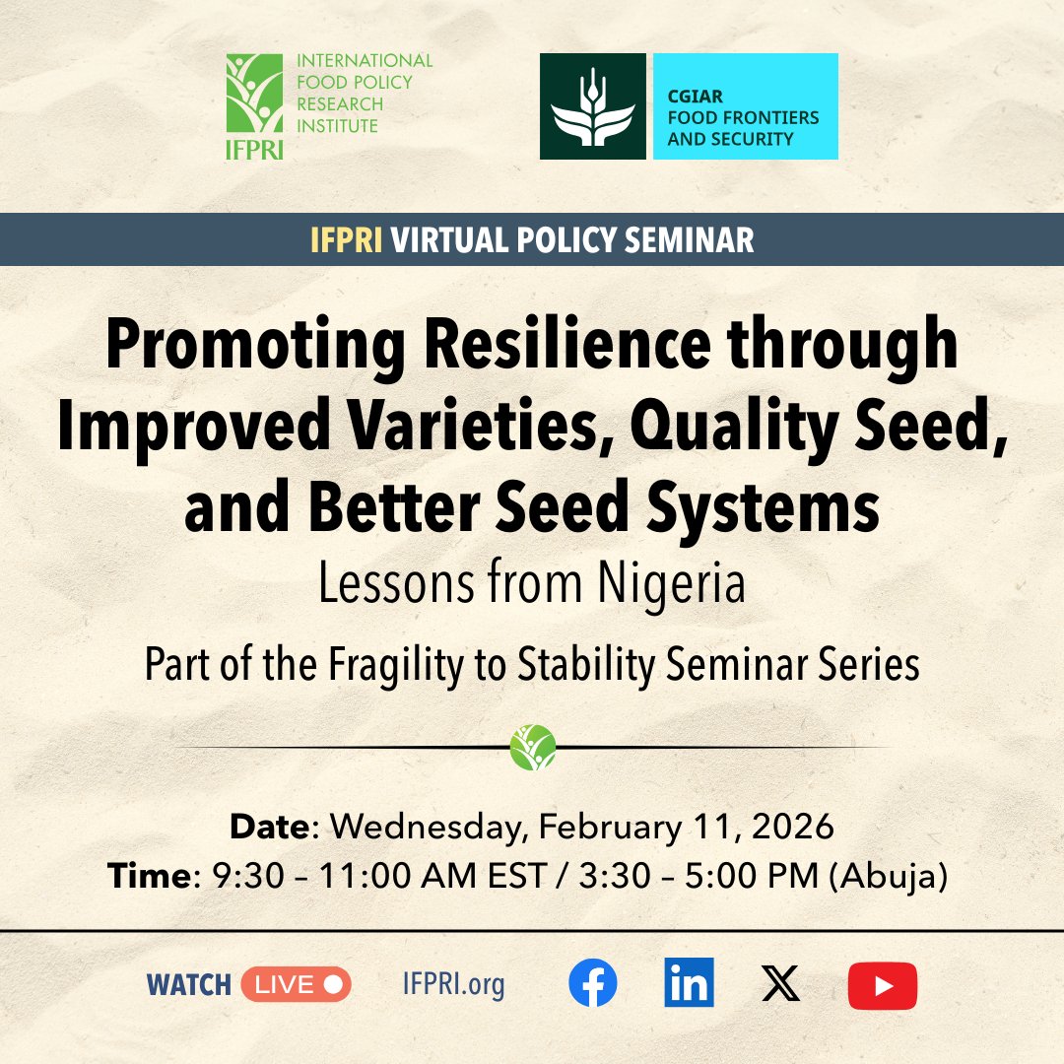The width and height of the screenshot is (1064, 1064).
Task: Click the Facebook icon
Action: click(593, 984)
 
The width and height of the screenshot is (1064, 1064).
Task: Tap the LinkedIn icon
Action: click(689, 984)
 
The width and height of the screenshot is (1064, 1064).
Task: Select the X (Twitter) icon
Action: click(781, 984)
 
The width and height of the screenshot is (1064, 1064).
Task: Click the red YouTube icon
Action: click(882, 985)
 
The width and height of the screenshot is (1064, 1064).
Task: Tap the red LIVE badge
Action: click(296, 984)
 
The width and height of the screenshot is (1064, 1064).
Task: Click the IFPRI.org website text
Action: click(453, 984)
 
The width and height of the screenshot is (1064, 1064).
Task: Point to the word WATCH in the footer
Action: click(188, 984)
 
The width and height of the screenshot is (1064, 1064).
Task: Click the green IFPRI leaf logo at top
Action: click(254, 99)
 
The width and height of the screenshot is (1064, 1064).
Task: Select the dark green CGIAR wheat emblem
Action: click(592, 106)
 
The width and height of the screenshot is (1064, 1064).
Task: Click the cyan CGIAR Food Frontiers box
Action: click(745, 106)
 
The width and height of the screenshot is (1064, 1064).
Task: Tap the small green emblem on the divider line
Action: click(533, 747)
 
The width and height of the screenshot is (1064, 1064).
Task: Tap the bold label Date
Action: click(269, 827)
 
